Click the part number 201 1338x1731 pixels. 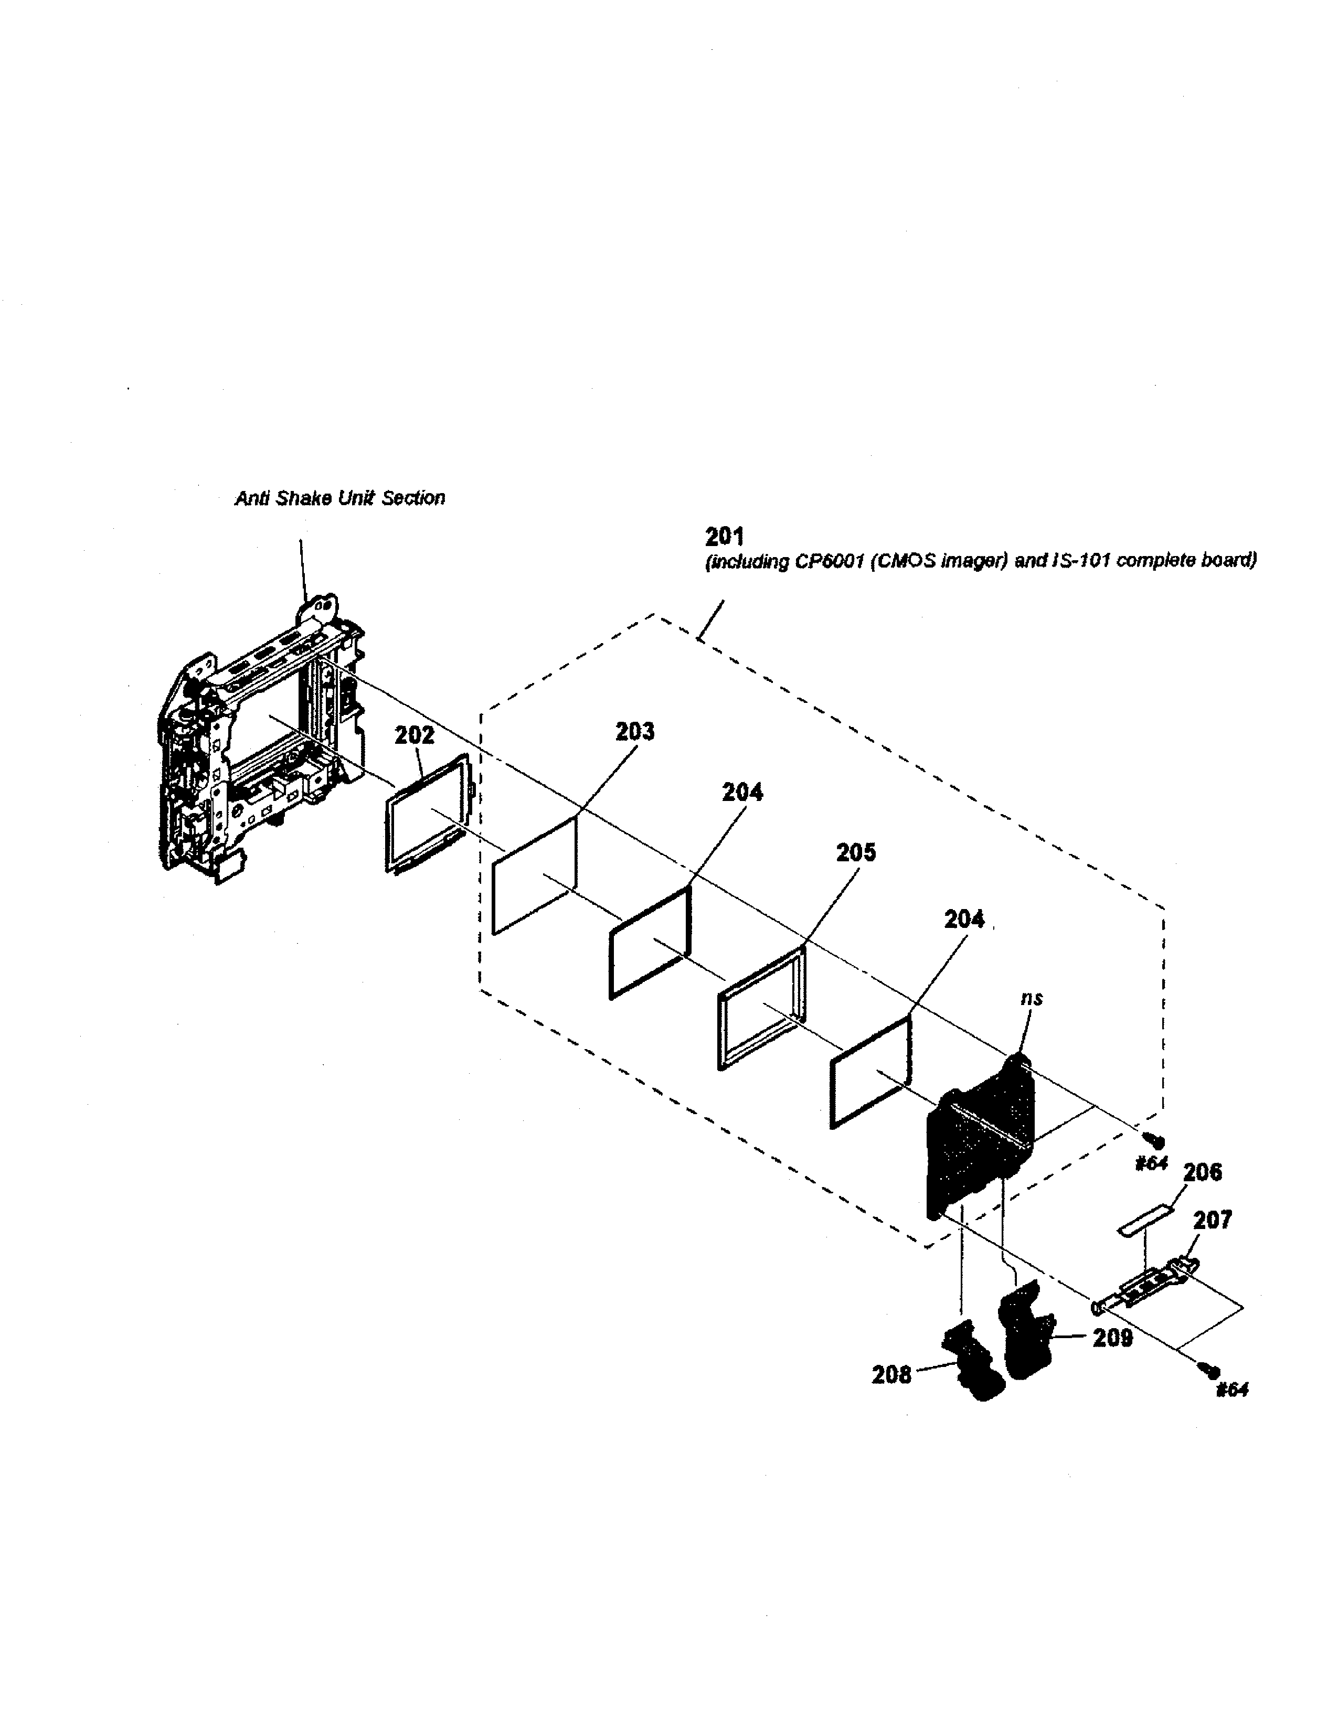coord(724,537)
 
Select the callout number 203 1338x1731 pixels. coord(635,731)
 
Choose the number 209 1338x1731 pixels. coord(1112,1338)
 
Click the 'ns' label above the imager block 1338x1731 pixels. coord(1031,999)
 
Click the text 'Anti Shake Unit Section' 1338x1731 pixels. coord(339,498)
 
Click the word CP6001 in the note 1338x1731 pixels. coord(824,562)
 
